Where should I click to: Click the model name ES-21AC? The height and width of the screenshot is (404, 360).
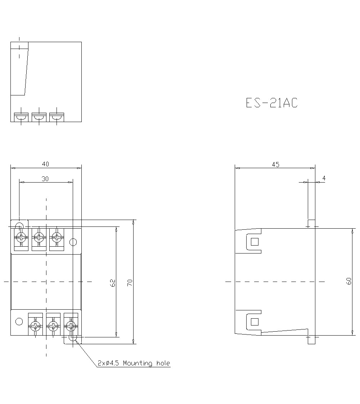[x=272, y=103]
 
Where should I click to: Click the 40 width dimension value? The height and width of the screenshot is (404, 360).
[x=45, y=164]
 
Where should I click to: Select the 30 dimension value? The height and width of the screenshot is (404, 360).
[x=45, y=179]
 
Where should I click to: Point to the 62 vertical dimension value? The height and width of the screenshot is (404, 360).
[x=113, y=283]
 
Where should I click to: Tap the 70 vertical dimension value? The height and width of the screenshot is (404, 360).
[x=130, y=283]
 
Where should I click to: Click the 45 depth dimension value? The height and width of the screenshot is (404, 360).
[x=275, y=165]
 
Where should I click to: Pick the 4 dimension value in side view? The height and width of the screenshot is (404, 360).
[x=324, y=178]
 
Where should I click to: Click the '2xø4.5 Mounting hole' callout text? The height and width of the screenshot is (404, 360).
[x=134, y=363]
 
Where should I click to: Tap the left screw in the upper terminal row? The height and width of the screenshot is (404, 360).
[x=21, y=237]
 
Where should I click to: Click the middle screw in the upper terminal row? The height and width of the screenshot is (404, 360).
[x=39, y=237]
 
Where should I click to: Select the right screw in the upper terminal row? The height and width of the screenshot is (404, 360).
[x=56, y=237]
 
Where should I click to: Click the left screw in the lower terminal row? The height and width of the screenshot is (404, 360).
[x=35, y=327]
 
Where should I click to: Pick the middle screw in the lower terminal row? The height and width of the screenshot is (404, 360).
[x=53, y=327]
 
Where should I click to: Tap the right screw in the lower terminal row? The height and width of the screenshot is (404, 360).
[x=71, y=327]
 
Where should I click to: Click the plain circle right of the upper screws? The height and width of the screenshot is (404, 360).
[x=73, y=242]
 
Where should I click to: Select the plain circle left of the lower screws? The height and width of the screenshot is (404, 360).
[x=19, y=322]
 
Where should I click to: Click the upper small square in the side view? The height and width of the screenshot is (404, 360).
[x=255, y=242]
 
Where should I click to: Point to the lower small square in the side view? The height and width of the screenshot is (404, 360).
[x=255, y=322]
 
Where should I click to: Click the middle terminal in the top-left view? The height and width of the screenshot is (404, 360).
[x=39, y=117]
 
